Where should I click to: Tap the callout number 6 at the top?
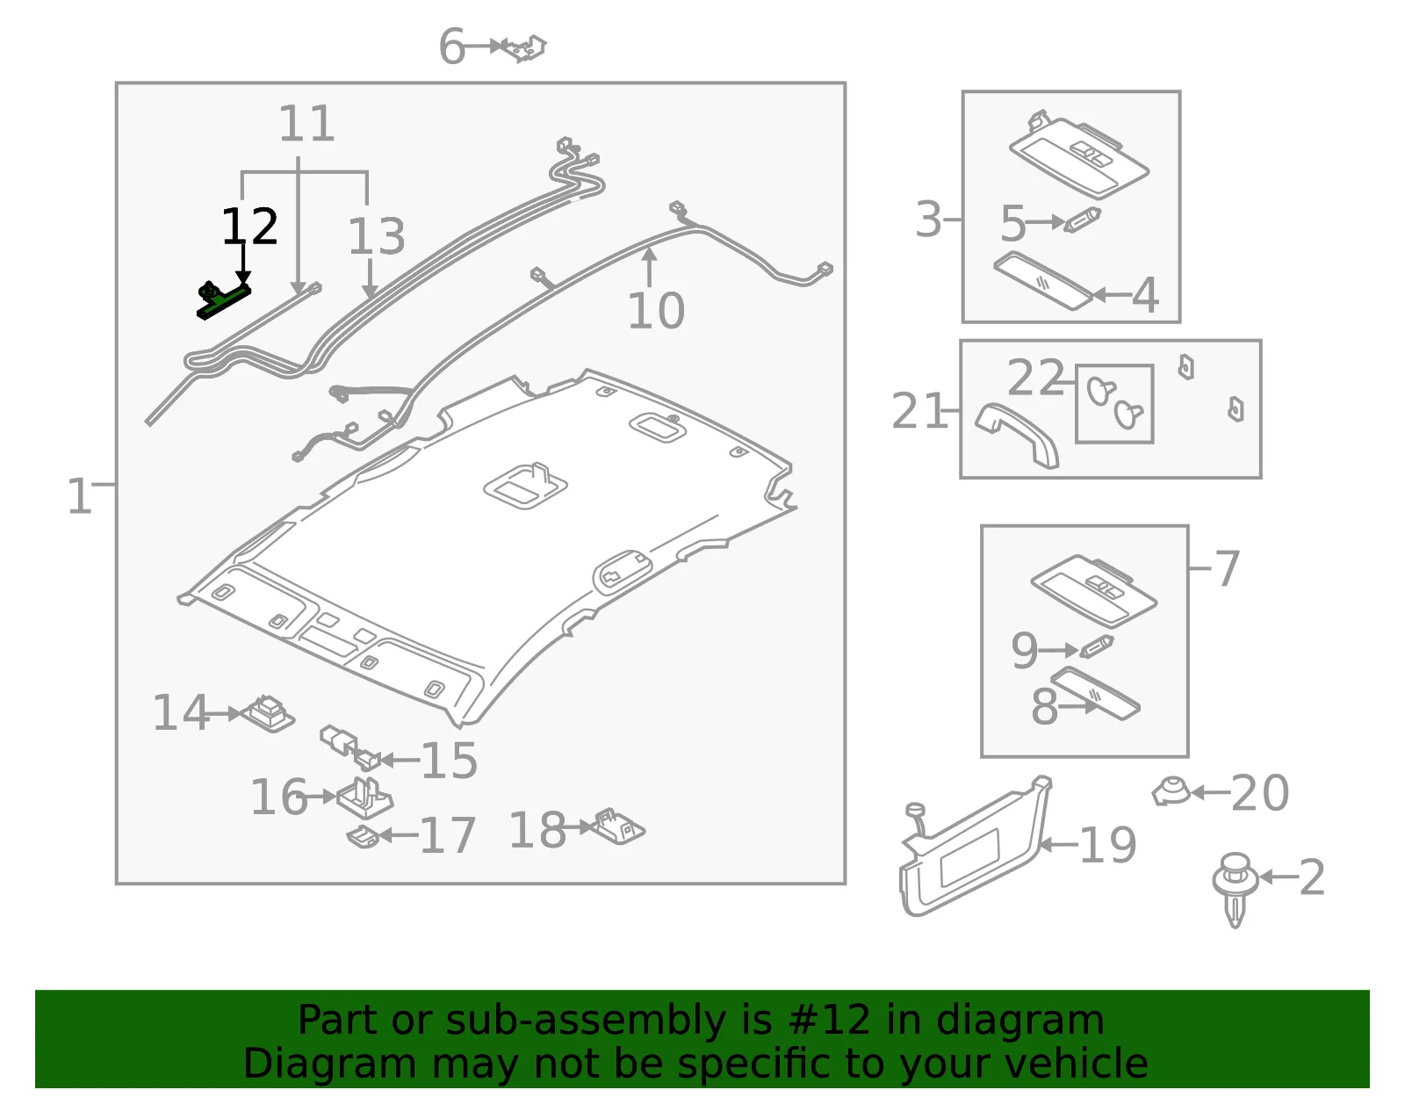[451, 47]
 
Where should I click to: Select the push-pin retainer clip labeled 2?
[1235, 890]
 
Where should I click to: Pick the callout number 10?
[656, 311]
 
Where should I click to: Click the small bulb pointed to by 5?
[1083, 220]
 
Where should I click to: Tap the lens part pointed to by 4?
[1042, 281]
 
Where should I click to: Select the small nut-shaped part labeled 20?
[1171, 792]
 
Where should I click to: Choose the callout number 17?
[448, 835]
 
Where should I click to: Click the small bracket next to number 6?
[524, 47]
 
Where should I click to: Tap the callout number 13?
[377, 235]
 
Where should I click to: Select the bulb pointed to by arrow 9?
[1096, 647]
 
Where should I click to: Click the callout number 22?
[1035, 377]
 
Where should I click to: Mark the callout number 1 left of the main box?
[80, 496]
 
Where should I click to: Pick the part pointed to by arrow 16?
[364, 798]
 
